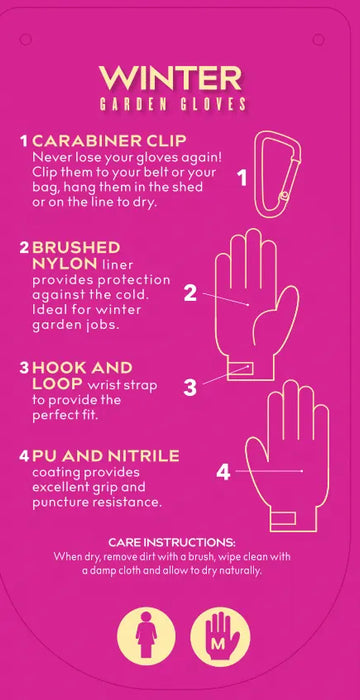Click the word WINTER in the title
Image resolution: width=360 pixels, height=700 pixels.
171,79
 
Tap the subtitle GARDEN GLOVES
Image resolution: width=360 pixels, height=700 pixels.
172,104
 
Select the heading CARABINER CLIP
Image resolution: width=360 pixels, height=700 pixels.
109,141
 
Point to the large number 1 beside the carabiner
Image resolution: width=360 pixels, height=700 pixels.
242,179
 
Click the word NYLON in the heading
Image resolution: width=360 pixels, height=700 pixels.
64,263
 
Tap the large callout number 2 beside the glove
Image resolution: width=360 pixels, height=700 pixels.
190,293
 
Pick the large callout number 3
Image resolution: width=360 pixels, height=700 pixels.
190,388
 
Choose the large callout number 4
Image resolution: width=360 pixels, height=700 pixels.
223,472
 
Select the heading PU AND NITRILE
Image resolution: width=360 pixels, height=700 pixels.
106,456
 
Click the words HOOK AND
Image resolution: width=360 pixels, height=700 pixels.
82,368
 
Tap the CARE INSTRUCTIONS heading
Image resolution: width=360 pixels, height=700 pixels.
172,543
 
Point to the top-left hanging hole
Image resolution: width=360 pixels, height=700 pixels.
25,39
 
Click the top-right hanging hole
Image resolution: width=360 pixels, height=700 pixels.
318,39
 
